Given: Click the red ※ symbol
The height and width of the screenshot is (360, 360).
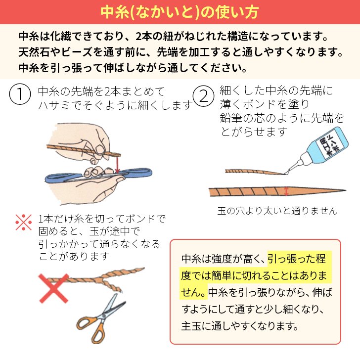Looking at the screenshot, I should click(23, 223).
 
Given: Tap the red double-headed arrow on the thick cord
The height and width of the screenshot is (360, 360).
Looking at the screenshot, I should click(287, 190).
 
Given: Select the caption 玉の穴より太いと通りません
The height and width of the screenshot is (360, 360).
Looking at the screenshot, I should click(277, 211).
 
